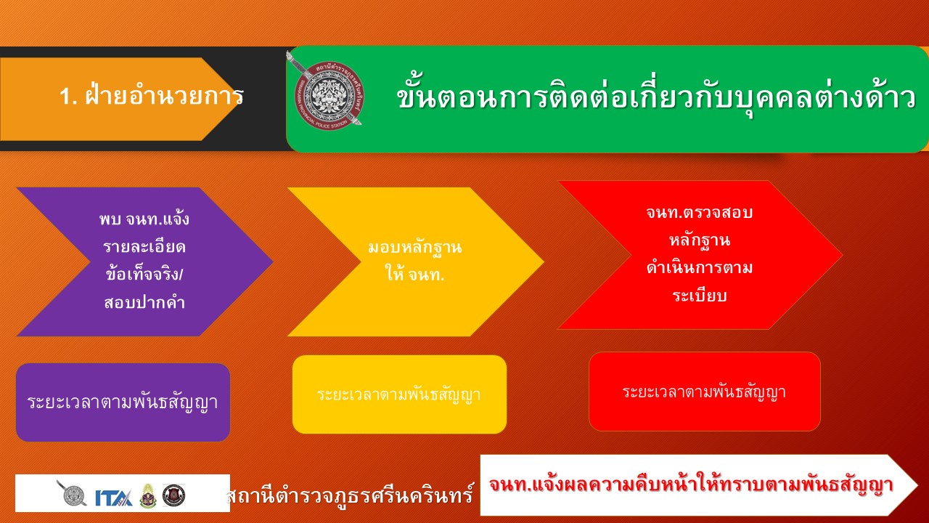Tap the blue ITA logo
[114, 497]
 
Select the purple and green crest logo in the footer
[148, 495]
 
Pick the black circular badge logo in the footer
[173, 495]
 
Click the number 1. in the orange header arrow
[68, 97]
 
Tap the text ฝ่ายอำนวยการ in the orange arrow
[164, 95]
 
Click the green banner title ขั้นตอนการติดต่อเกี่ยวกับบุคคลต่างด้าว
[656, 98]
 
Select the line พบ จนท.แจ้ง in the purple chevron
[144, 219]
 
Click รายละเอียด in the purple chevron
[144, 246]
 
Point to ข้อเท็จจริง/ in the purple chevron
[144, 274]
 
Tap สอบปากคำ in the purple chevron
[144, 302]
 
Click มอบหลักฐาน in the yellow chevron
[414, 248]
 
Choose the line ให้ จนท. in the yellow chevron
[414, 274]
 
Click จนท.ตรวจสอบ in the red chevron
[699, 213]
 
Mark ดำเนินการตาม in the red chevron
[699, 268]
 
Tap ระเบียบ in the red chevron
[699, 296]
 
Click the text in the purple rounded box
[123, 402]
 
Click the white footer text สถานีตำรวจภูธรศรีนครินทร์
[350, 495]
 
